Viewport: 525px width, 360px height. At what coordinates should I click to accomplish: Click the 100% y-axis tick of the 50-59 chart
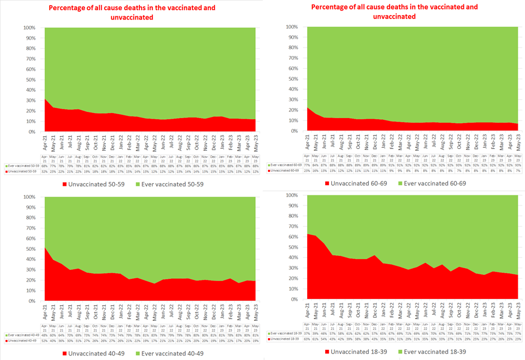(30, 27)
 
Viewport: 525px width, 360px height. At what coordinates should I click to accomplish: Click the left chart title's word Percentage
(71, 8)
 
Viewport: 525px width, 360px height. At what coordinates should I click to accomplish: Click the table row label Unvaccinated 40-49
(21, 340)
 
